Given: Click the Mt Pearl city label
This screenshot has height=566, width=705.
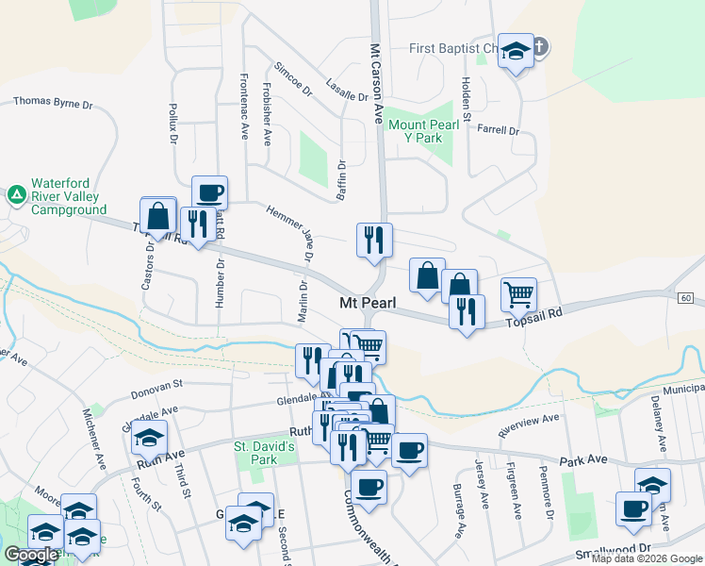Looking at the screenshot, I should [x=372, y=303].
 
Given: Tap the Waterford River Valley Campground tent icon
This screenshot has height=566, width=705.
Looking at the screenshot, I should [x=16, y=194].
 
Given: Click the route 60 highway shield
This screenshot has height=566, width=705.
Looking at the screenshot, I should [x=685, y=298].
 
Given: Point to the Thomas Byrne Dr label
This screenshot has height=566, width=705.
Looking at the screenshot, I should [x=53, y=101].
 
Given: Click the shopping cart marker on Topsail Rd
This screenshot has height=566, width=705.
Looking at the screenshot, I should [x=518, y=294].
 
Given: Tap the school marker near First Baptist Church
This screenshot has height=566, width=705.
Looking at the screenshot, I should [x=516, y=51].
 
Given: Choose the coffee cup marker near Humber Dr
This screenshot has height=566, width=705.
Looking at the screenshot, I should [x=209, y=192].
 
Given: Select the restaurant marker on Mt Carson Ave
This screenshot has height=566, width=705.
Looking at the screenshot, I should [x=374, y=239].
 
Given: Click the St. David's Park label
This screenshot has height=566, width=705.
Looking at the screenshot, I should [x=265, y=452].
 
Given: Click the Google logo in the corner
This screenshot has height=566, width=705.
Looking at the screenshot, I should [x=31, y=555].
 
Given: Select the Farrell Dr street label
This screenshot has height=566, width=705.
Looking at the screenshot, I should [x=499, y=130].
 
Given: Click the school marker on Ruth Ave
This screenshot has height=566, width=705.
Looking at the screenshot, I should [x=149, y=438].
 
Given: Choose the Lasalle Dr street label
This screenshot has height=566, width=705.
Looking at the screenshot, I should [x=347, y=90].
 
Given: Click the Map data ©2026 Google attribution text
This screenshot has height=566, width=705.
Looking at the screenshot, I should [x=647, y=558].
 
